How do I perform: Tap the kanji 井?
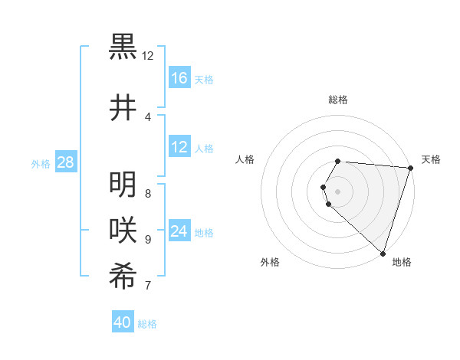tap(123, 107)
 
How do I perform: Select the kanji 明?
tap(123, 185)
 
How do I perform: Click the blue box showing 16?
tap(179, 78)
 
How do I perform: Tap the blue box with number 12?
tap(179, 148)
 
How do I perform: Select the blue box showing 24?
tap(179, 232)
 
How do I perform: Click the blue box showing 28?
tap(65, 162)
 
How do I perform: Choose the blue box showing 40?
tap(123, 322)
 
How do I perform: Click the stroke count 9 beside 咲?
tap(147, 240)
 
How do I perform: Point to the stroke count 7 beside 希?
tap(147, 286)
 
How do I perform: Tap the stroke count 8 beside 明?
tap(147, 194)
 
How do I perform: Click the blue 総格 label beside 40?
tap(147, 324)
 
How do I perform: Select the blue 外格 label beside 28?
tap(40, 163)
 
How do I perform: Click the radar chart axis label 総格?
tap(338, 100)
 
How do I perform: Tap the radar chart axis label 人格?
tap(246, 159)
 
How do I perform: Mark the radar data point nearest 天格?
tap(411, 168)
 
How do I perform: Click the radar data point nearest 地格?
tap(383, 253)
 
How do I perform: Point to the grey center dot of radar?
tap(338, 191)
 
